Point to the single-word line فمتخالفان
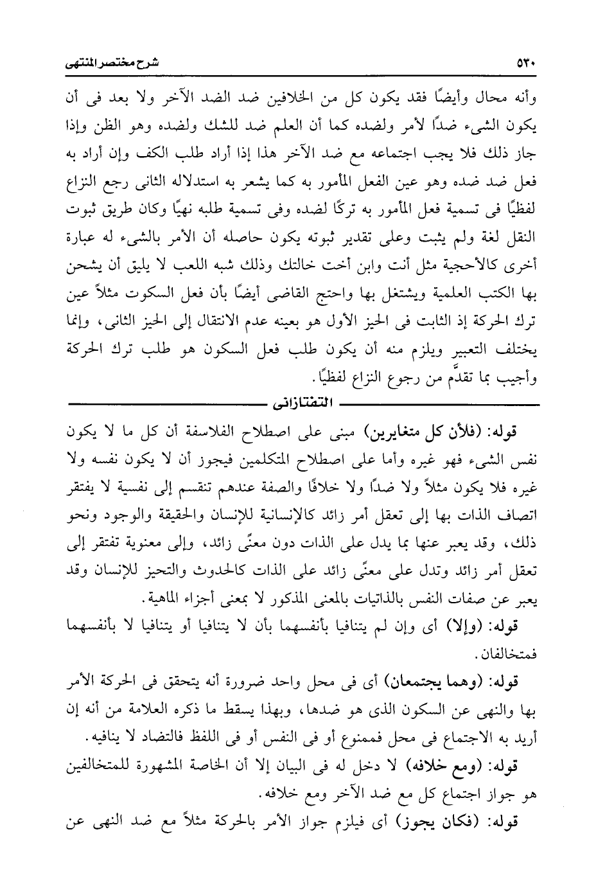(512, 654)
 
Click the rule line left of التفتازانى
(161, 405)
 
